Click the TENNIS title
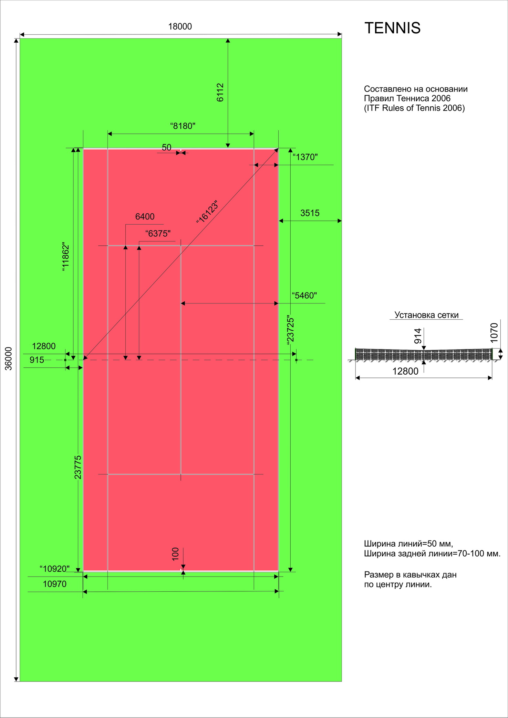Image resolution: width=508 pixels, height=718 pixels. (393, 28)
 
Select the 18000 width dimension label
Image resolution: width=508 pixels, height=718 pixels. (180, 26)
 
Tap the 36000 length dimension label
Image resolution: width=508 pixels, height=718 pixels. (9, 358)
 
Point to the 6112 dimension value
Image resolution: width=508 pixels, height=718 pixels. (220, 93)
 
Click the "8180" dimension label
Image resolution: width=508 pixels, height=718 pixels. (183, 126)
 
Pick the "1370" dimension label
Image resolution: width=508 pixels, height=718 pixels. (305, 157)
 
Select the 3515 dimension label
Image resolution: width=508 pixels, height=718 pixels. (310, 213)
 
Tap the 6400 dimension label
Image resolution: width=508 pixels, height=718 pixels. (145, 216)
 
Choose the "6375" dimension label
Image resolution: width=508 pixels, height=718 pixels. (158, 234)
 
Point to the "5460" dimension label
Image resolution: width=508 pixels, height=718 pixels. (304, 296)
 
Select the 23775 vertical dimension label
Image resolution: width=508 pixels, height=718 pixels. (78, 467)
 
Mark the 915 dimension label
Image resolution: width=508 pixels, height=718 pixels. (37, 360)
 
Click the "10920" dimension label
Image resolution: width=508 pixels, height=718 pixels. (54, 569)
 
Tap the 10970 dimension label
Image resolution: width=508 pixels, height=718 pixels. (54, 584)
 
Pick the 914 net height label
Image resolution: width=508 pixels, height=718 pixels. (418, 336)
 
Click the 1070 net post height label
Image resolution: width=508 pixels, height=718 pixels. (494, 333)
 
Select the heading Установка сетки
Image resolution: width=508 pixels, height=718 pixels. (426, 315)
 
